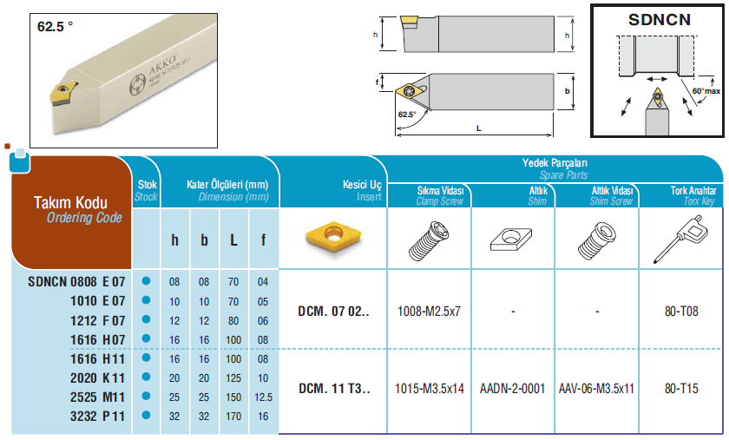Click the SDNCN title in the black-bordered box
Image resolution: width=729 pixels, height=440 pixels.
click(x=660, y=20)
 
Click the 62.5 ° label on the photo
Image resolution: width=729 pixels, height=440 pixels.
click(x=55, y=27)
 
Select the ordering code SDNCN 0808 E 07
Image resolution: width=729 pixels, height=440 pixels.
click(x=76, y=282)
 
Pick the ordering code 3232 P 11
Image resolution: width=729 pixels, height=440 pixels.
click(x=97, y=417)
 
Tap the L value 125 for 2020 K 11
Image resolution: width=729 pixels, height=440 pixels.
click(x=233, y=378)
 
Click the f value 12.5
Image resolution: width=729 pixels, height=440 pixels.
click(x=263, y=397)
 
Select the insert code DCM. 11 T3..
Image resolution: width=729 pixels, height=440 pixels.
click(x=334, y=389)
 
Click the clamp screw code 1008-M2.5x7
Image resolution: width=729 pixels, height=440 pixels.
click(x=429, y=312)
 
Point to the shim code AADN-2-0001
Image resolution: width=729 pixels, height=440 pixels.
click(x=512, y=389)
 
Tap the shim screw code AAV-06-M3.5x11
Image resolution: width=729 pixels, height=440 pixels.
click(x=596, y=389)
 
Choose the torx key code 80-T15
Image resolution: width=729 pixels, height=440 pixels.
click(x=681, y=389)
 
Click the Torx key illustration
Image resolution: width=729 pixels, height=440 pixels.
click(x=680, y=239)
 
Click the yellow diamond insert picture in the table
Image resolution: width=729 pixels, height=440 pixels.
click(x=333, y=236)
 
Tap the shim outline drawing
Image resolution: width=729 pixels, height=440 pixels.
click(x=511, y=239)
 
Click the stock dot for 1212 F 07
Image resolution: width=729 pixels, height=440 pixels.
click(x=146, y=319)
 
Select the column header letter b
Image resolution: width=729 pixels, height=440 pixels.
click(x=204, y=240)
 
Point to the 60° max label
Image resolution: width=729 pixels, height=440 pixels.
click(x=706, y=91)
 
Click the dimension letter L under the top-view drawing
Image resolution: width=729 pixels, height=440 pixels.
click(x=478, y=128)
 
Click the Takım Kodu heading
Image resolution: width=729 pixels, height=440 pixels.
click(x=70, y=202)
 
